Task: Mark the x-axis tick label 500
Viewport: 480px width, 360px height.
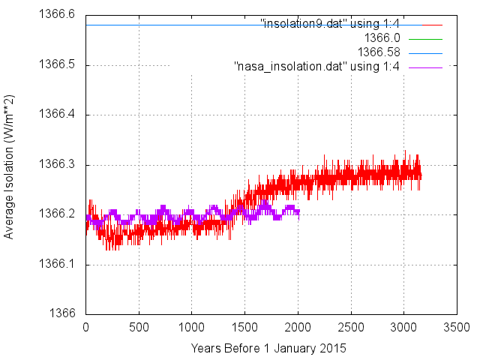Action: click(x=139, y=328)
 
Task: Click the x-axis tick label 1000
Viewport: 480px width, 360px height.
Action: click(x=192, y=328)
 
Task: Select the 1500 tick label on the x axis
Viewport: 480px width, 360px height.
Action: click(x=244, y=328)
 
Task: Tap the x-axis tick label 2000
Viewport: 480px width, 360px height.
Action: click(x=298, y=328)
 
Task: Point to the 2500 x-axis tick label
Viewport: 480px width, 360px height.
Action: click(x=351, y=328)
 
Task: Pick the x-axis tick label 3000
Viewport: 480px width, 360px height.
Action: click(x=403, y=328)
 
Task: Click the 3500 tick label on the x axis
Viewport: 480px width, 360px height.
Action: click(x=457, y=328)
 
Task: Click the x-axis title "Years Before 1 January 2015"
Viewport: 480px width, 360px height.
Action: click(x=268, y=348)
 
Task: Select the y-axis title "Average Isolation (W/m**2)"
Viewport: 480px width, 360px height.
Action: click(x=10, y=167)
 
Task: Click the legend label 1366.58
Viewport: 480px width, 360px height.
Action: click(x=379, y=52)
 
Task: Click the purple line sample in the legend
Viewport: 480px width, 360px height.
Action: click(x=425, y=67)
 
